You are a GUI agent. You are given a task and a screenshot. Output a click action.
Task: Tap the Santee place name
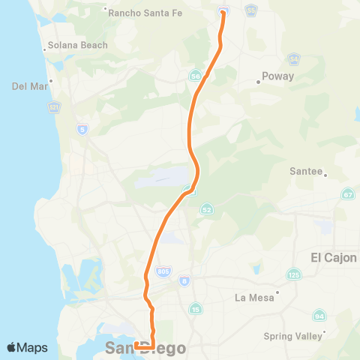304,170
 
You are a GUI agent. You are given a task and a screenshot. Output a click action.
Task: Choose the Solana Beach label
77,45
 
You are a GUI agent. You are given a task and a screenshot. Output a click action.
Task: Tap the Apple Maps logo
27,347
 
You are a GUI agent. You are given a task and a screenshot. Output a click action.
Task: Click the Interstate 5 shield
81,130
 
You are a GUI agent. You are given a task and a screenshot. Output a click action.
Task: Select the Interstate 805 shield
162,270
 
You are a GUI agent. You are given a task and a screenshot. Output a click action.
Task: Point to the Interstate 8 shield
184,280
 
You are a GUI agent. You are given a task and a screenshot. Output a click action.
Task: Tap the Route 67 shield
347,195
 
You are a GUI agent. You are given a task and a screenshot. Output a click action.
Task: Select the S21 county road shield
53,108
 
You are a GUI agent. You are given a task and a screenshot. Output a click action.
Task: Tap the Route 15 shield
195,308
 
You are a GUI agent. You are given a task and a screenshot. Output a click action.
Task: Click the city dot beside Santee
325,174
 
